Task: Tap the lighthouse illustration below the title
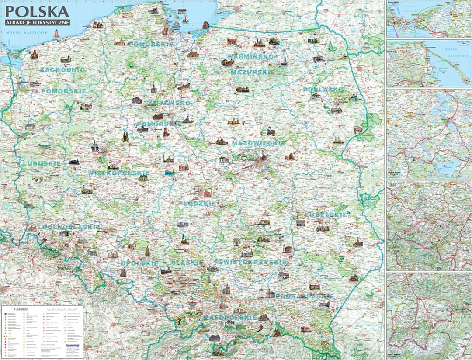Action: pyautogui.click(x=56, y=34)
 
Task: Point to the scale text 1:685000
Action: pyautogui.click(x=21, y=309)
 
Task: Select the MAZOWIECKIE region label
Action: pyautogui.click(x=258, y=143)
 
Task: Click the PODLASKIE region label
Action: pyautogui.click(x=324, y=89)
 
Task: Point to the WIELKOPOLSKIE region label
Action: pyautogui.click(x=119, y=173)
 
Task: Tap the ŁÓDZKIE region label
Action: pyautogui.click(x=200, y=204)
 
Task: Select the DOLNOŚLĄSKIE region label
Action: pyautogui.click(x=71, y=227)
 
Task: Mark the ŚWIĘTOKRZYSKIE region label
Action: pyautogui.click(x=253, y=262)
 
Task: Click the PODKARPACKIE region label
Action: pyautogui.click(x=304, y=296)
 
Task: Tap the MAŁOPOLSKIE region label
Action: pyautogui.click(x=229, y=318)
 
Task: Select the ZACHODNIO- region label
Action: pyautogui.click(x=62, y=69)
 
